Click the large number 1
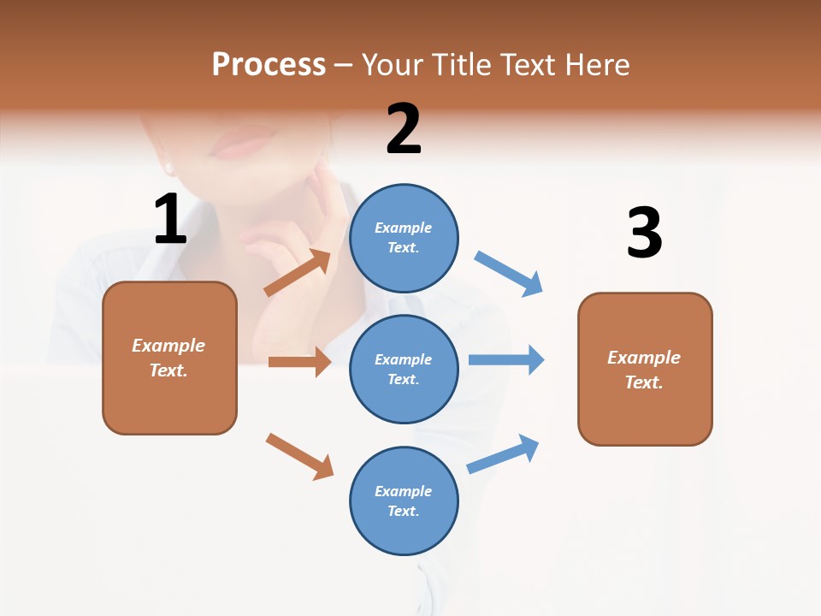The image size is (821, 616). tap(170, 220)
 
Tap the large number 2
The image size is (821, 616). tap(404, 129)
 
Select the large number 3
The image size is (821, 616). tap(644, 234)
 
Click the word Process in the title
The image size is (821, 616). tap(269, 64)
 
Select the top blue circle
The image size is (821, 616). tap(404, 238)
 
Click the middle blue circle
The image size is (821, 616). tap(404, 369)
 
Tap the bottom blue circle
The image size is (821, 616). tap(404, 500)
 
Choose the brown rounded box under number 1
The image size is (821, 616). tap(169, 358)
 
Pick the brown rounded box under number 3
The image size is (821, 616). tap(645, 369)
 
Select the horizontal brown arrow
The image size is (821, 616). tap(299, 362)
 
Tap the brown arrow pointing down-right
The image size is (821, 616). tap(300, 456)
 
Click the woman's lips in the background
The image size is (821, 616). tap(242, 145)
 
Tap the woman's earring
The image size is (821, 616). tap(168, 168)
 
